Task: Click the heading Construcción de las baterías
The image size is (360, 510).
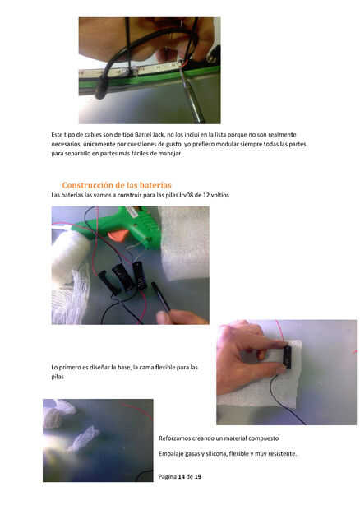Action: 117,185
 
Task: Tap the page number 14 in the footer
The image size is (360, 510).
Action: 182,476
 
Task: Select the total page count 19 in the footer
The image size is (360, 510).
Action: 197,476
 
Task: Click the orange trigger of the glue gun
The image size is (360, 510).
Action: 118,234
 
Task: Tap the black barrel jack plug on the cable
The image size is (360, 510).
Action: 101,87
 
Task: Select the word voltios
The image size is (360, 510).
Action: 220,195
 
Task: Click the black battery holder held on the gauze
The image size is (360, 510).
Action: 287,357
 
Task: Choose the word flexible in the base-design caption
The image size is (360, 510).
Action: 166,367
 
